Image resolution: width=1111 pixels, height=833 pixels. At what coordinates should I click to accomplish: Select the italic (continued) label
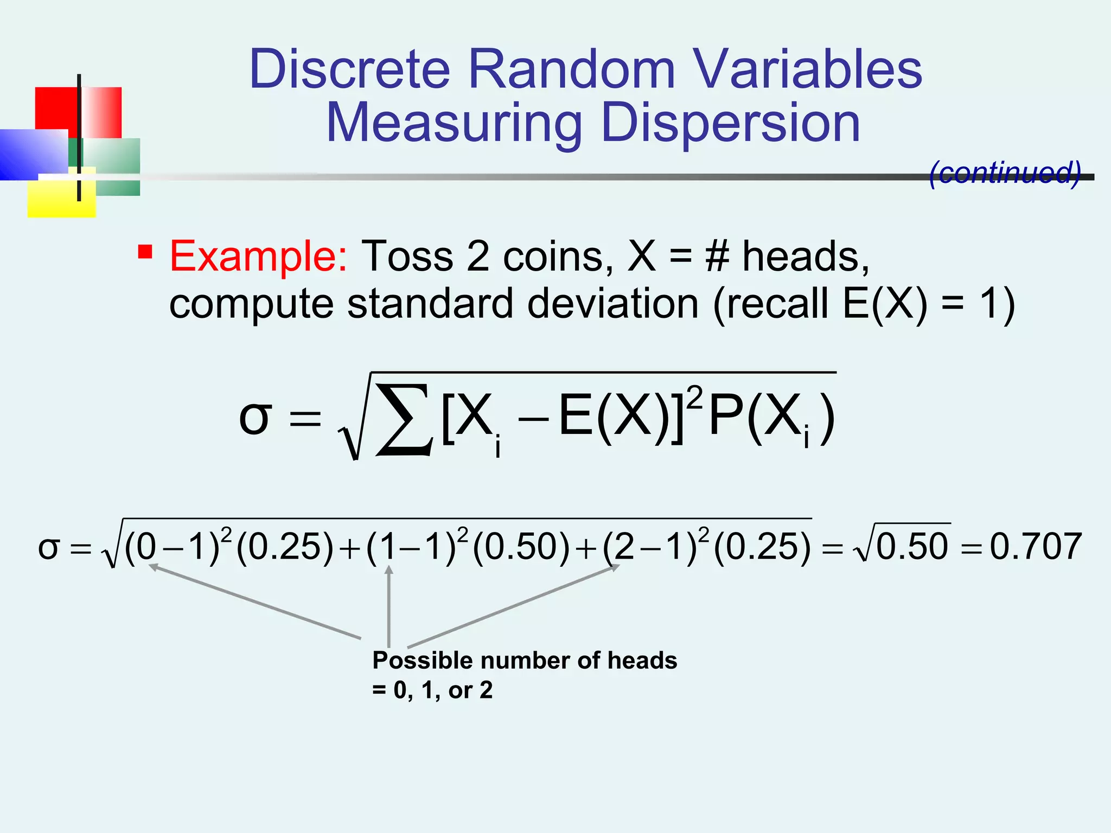1005,173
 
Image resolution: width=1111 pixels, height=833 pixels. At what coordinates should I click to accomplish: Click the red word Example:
258,256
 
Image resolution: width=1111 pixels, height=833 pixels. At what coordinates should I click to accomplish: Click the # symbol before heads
717,256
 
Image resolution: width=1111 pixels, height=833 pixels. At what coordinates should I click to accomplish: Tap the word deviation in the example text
612,303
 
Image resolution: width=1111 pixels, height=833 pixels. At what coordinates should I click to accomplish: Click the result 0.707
1036,546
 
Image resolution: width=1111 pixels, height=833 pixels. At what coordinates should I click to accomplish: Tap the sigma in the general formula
254,419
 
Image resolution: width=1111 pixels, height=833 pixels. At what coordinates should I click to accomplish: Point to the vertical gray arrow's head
389,569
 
